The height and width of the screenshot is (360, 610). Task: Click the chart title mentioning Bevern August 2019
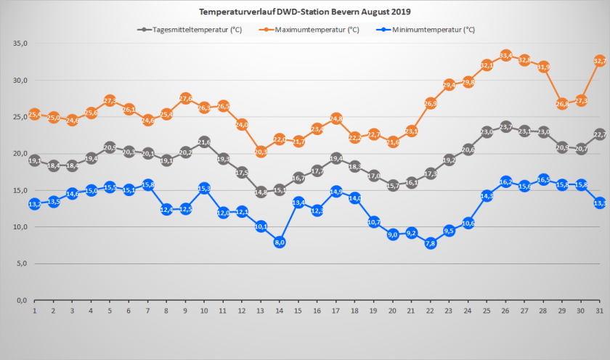pos(304,12)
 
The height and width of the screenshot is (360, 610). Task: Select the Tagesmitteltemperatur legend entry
pos(190,30)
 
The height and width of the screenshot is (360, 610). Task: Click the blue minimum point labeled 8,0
pos(280,242)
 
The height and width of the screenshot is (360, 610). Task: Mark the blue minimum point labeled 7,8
pos(431,243)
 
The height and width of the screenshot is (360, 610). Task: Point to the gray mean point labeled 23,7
pos(506,127)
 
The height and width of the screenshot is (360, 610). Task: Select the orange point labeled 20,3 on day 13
pos(261,152)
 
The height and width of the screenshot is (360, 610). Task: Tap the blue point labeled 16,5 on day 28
pos(544,179)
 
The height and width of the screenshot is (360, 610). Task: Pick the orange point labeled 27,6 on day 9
pos(185,98)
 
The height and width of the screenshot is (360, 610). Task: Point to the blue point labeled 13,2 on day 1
pos(34,204)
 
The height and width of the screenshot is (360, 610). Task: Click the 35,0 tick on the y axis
pos(20,44)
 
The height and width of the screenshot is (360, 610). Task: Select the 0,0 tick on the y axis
pos(22,300)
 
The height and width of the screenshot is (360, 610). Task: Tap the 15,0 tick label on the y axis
pos(20,190)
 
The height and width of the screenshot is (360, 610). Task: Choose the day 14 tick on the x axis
pos(280,311)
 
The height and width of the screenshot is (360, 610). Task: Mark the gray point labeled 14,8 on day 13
pos(261,192)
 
